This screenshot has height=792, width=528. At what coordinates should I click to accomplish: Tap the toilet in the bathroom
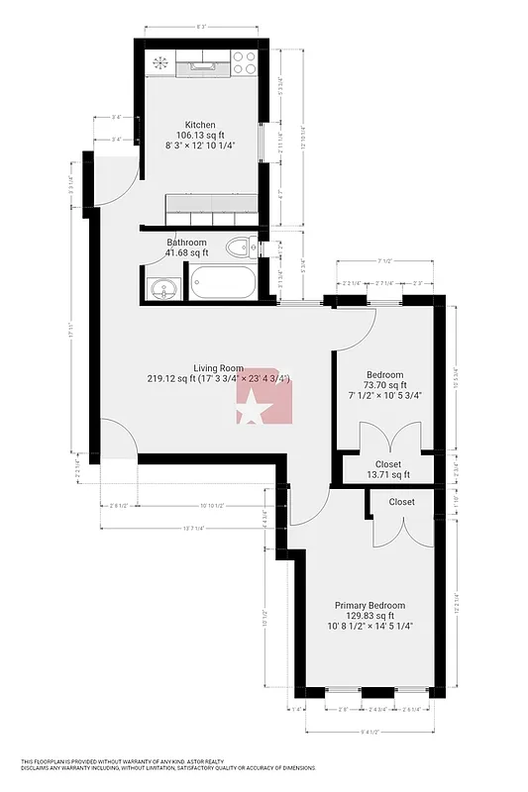point(238,247)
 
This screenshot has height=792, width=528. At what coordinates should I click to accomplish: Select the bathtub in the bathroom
point(222,283)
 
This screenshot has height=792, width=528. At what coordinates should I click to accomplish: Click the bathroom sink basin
point(163,289)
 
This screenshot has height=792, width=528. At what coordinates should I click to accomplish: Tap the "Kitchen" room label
point(200,125)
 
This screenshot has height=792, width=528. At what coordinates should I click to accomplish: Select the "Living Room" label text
point(217,367)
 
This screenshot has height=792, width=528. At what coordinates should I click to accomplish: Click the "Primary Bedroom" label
point(369,605)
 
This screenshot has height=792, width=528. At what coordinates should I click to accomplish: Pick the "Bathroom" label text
point(186,243)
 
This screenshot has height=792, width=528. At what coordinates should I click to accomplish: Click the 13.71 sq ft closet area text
point(387,475)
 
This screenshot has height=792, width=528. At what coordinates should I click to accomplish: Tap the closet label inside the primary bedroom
point(401,502)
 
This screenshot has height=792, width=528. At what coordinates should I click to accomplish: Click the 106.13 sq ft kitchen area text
point(200,135)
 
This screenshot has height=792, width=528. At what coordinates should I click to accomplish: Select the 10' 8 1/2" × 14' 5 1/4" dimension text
point(370,626)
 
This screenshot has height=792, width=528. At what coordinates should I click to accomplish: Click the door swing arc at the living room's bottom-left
point(117,437)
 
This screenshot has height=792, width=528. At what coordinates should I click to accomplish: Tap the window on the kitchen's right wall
point(262,149)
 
